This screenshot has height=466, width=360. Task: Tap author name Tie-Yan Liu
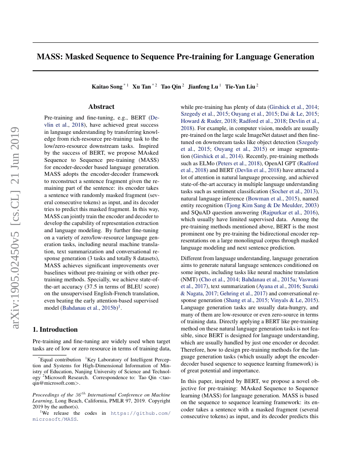coord(240,86)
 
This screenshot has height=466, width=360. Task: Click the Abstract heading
coord(101,107)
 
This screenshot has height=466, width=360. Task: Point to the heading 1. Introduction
coord(55,329)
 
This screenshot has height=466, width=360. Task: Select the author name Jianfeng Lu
coord(204,86)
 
